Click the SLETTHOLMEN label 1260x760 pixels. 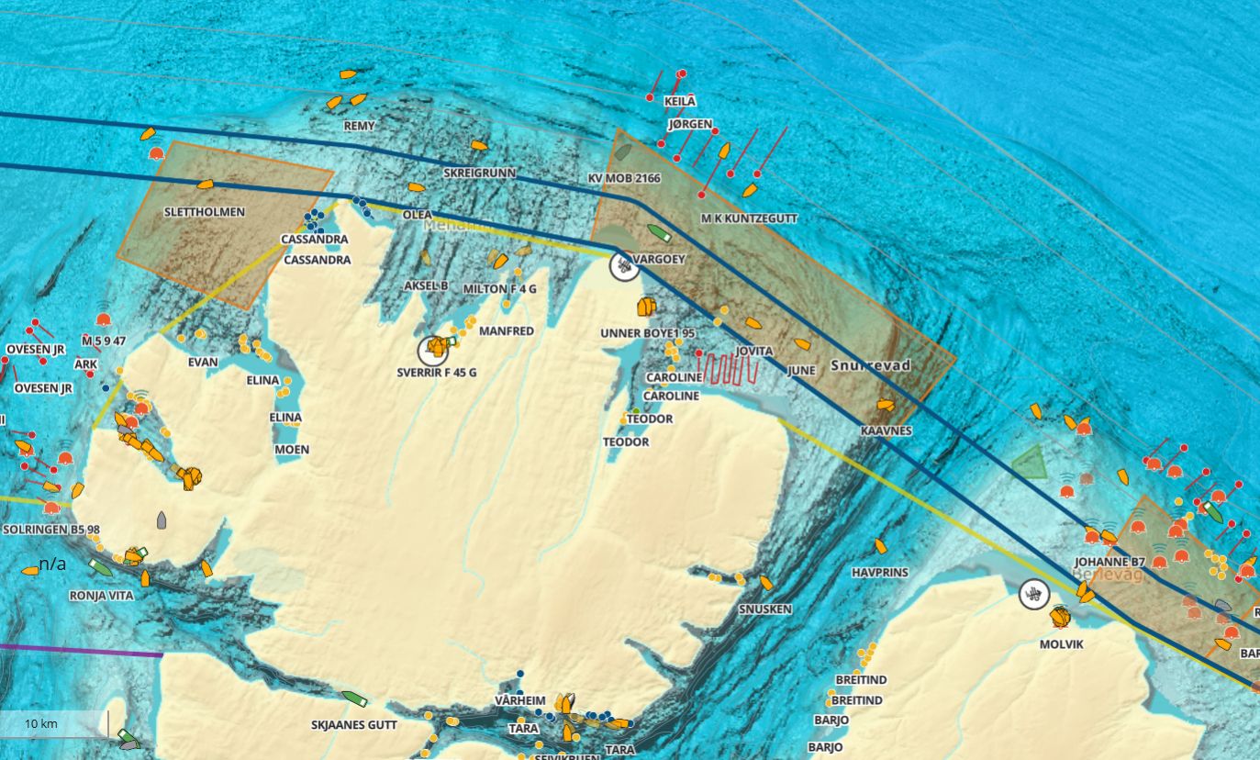tap(204, 212)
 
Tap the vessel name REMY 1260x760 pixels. tap(359, 126)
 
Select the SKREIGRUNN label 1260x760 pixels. tap(479, 173)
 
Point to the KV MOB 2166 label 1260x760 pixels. tap(624, 178)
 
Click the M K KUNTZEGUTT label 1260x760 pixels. tap(749, 218)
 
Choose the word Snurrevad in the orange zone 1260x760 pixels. tap(870, 365)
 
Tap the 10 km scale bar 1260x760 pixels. tap(53, 723)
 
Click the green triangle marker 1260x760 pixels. tap(1030, 464)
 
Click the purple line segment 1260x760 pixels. tap(83, 651)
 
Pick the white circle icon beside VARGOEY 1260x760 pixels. tap(625, 266)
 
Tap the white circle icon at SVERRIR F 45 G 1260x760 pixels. tap(432, 349)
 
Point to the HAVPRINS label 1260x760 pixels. tap(879, 573)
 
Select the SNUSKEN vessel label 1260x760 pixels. tap(764, 609)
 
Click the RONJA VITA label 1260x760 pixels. tap(101, 596)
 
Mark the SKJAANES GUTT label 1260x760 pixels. tap(354, 725)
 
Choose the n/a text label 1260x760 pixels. tap(52, 564)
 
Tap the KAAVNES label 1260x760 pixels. tap(886, 430)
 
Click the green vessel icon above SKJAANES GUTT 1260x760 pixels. tap(354, 699)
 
